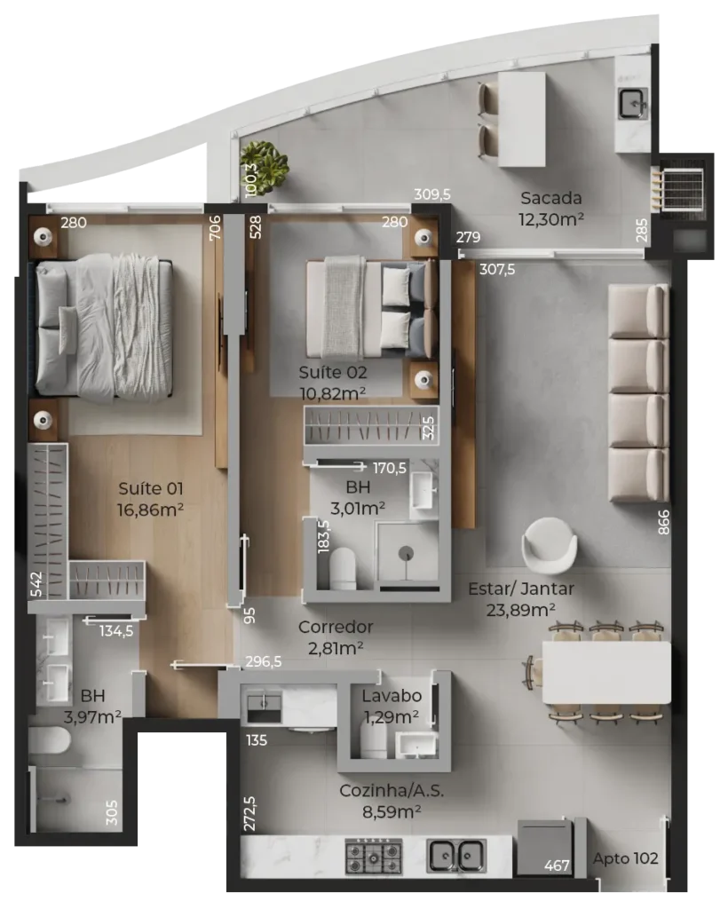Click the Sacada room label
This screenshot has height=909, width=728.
[x=550, y=198]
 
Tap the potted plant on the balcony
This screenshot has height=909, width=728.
[x=265, y=166]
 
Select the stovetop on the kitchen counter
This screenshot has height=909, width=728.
[x=373, y=857]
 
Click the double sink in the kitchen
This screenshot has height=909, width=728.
[x=456, y=856]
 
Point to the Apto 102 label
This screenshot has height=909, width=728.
[x=625, y=858]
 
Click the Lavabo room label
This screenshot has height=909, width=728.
[x=392, y=696]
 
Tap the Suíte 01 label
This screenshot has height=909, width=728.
[x=151, y=489]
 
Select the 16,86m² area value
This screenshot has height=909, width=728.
[x=150, y=510]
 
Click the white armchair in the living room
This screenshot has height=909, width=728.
[x=549, y=546]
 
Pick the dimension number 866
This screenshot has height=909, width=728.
[x=663, y=522]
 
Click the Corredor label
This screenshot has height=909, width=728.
[x=335, y=627]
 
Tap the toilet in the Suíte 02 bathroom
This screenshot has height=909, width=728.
[x=343, y=569]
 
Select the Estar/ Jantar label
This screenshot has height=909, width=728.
[x=520, y=589]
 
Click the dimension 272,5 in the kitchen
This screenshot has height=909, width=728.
[x=249, y=813]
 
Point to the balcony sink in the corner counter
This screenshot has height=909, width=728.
[x=632, y=104]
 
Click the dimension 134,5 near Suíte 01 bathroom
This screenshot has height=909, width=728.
[x=116, y=631]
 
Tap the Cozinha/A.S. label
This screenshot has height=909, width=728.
[x=392, y=791]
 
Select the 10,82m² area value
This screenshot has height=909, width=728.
[x=332, y=393]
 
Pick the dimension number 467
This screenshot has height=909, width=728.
[x=557, y=866]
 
